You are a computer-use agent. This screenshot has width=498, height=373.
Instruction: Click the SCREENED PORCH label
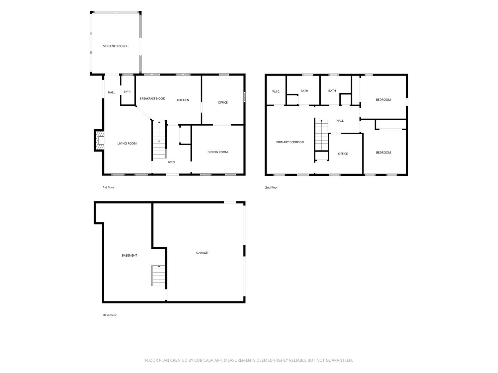tap(116, 46)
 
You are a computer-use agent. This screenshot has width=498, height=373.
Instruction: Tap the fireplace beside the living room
tap(99, 140)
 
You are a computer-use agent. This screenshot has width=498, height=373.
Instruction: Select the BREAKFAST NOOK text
tap(152, 98)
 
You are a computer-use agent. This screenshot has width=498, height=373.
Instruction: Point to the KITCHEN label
tap(183, 100)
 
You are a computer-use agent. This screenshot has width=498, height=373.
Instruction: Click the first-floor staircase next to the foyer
tap(159, 140)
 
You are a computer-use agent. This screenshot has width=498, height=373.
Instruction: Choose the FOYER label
tap(172, 162)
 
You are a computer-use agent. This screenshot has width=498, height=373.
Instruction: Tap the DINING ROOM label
tap(217, 152)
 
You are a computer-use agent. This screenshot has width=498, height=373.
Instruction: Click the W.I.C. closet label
tap(276, 92)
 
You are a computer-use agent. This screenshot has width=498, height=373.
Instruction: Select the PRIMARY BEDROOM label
tap(290, 142)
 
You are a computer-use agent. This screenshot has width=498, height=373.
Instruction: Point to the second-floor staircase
tap(322, 135)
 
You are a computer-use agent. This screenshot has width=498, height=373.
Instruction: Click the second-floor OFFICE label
tap(343, 154)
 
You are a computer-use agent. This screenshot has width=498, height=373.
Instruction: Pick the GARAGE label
tap(202, 253)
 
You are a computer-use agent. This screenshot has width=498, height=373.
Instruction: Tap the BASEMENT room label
tap(129, 255)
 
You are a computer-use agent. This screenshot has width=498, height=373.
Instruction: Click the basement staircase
tap(159, 276)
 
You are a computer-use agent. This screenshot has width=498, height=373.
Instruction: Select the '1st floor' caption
tap(109, 187)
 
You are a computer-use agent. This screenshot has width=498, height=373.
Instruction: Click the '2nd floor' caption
tap(271, 187)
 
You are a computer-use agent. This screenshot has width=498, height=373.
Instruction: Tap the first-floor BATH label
tap(127, 92)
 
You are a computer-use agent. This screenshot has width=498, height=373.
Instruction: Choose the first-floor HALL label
tap(112, 93)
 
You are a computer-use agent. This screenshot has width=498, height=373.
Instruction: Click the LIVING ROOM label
tap(127, 143)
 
